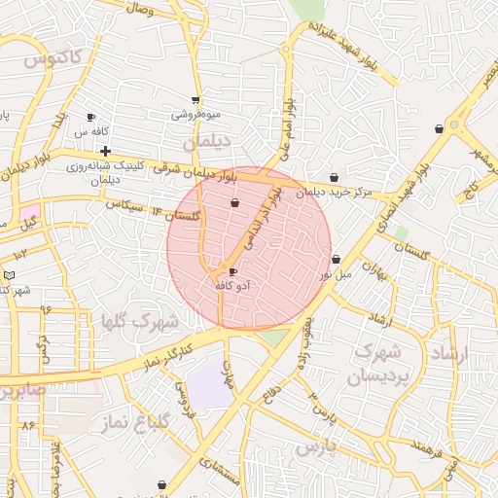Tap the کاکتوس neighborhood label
[54, 59]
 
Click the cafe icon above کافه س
[91, 117]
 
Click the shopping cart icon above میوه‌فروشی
[196, 100]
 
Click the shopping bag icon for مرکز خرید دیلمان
[335, 177]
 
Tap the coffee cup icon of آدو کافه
[231, 271]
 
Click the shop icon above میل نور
[336, 260]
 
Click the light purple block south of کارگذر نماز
[210, 387]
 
